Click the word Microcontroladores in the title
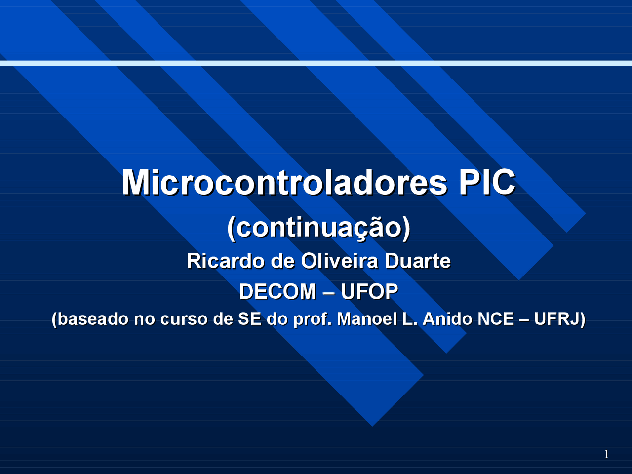(284, 182)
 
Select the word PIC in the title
(487, 182)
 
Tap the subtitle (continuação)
(318, 228)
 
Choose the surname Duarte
(417, 261)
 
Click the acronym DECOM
(277, 292)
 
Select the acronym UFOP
(369, 292)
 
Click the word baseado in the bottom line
(91, 319)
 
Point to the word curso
(184, 319)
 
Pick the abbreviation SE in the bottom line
(249, 319)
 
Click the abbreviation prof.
(312, 319)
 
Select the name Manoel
(367, 319)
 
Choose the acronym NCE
(496, 319)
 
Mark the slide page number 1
(606, 454)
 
